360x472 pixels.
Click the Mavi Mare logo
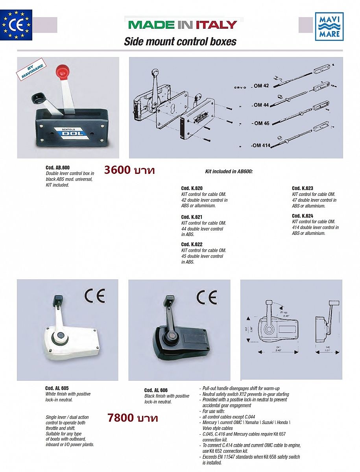329,26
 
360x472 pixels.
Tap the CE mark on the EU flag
17,25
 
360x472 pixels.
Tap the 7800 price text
133,417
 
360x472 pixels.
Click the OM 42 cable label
260,85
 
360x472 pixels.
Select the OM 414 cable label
260,146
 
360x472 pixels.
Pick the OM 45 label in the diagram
260,123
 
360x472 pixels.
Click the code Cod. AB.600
57,168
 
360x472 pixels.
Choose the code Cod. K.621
192,217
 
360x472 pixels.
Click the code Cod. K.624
303,216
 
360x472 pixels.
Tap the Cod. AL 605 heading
57,388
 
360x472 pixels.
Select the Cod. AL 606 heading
156,390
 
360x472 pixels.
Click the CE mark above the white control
94,295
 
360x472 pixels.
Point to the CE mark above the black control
207,297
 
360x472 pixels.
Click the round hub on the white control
61,336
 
